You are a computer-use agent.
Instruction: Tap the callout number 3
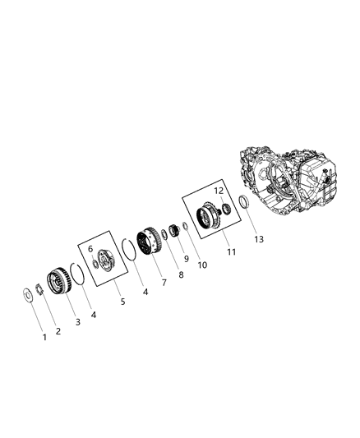(x=78, y=321)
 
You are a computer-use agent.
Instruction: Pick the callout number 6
(x=91, y=247)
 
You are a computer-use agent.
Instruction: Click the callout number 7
(x=164, y=282)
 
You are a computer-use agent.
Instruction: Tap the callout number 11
(x=233, y=252)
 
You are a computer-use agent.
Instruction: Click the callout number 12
(x=219, y=191)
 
